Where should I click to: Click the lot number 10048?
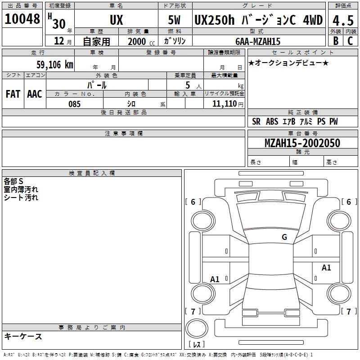click(x=22, y=19)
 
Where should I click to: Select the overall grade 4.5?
click(x=343, y=20)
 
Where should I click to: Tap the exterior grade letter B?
click(x=336, y=41)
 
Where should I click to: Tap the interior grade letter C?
click(x=350, y=41)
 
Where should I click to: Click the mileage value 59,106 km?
click(x=55, y=65)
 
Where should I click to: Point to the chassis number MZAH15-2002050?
click(x=302, y=143)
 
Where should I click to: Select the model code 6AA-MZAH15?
click(x=258, y=41)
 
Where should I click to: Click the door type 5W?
click(x=174, y=20)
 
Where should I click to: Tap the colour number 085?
click(x=75, y=104)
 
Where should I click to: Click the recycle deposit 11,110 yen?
click(x=228, y=104)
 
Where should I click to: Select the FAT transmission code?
click(x=13, y=94)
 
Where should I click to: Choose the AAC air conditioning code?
click(x=35, y=94)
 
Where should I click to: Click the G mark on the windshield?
click(x=284, y=237)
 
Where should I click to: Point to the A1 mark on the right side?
click(x=326, y=267)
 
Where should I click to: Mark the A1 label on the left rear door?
click(x=215, y=279)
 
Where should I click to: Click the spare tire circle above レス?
click(x=197, y=328)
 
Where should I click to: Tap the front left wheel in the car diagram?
click(x=203, y=221)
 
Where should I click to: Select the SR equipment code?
click(x=256, y=121)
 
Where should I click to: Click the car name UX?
click(x=117, y=20)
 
